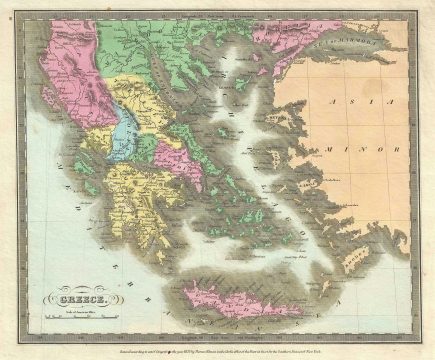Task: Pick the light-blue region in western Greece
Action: pyautogui.click(x=127, y=130)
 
